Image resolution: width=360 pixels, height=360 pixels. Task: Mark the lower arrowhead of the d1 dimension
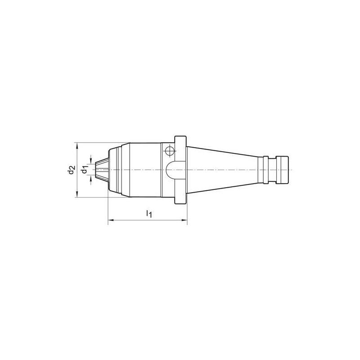click(90, 179)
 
